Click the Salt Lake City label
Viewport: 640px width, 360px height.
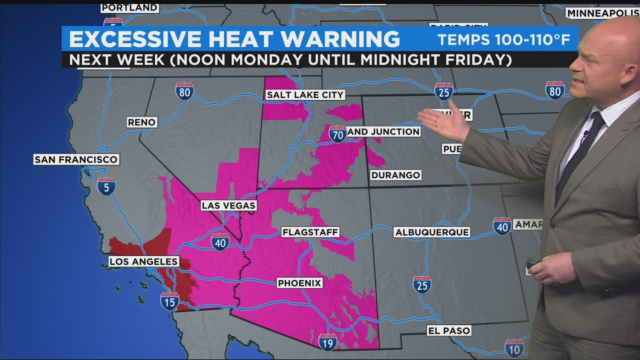(x=305, y=94)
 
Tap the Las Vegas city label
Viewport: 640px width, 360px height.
(x=228, y=205)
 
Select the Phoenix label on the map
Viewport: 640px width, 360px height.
(x=299, y=283)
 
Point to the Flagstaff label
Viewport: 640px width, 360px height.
(x=310, y=232)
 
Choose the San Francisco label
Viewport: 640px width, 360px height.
(x=76, y=159)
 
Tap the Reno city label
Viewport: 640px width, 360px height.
(x=142, y=122)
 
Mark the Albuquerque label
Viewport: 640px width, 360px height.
(x=431, y=232)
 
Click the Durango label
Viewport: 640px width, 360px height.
(x=395, y=175)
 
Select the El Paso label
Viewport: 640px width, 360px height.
(x=448, y=330)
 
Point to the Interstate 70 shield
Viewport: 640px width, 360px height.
(x=338, y=134)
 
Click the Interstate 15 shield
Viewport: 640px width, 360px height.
(x=170, y=301)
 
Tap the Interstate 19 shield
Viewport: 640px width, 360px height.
(x=328, y=342)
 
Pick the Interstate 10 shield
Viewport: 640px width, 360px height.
(x=514, y=348)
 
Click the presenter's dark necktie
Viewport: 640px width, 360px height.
(x=580, y=155)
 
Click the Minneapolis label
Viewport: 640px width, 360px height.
(x=602, y=13)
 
